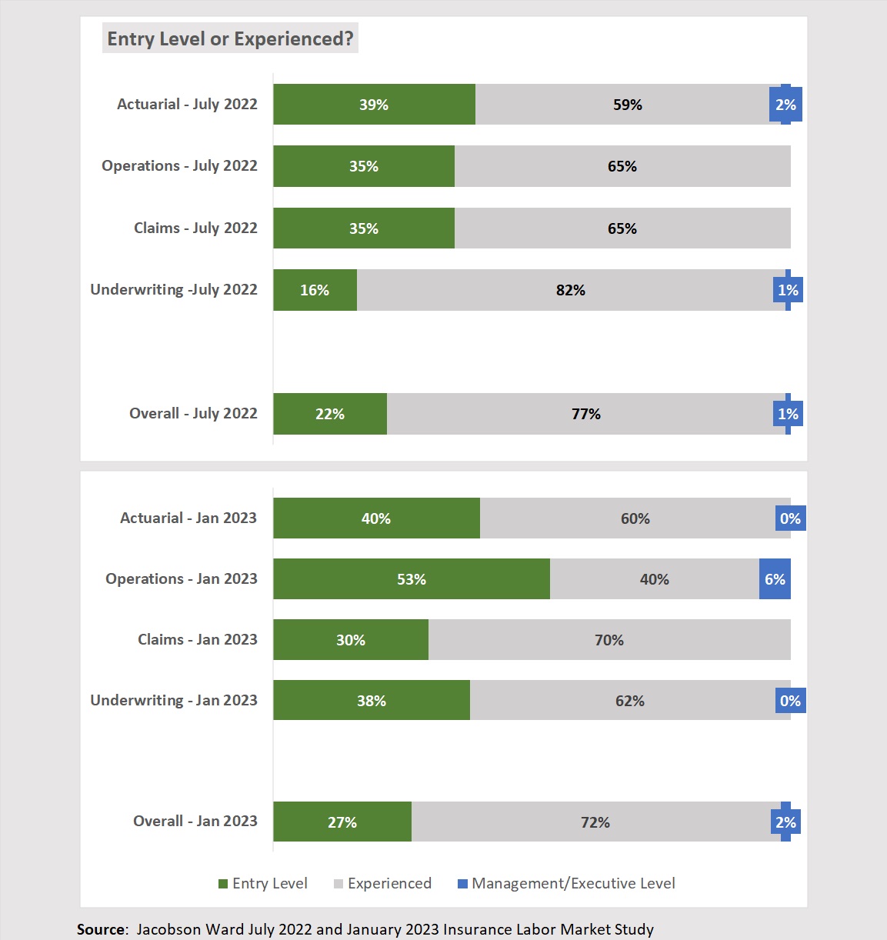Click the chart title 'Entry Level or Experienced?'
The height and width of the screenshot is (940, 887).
[230, 38]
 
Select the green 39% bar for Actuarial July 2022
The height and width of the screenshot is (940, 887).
[374, 105]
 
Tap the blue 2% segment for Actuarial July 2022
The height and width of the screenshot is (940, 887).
[785, 105]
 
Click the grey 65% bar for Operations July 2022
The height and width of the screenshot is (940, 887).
[622, 166]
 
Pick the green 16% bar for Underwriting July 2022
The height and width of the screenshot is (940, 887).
[315, 290]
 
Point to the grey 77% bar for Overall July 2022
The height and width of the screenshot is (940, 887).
[585, 414]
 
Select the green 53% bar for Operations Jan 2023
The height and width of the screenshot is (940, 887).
[411, 579]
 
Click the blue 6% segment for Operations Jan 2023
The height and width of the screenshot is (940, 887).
[775, 579]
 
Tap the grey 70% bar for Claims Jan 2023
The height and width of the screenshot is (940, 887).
[609, 640]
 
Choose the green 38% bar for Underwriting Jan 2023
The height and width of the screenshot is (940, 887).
[371, 701]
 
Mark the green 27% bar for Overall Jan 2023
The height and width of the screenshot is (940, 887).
[342, 822]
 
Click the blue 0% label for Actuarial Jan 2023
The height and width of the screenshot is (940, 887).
[790, 518]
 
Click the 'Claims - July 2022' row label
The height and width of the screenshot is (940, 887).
[195, 228]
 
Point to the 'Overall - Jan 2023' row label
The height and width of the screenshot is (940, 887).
[195, 821]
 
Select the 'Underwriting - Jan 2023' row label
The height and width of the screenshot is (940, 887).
[174, 700]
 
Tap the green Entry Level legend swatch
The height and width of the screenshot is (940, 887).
[223, 884]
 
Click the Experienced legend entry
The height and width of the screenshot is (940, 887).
[382, 884]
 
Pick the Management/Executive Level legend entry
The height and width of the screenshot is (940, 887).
[566, 884]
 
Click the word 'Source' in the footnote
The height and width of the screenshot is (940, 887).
[100, 929]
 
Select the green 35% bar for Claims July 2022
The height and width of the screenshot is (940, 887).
[363, 228]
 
